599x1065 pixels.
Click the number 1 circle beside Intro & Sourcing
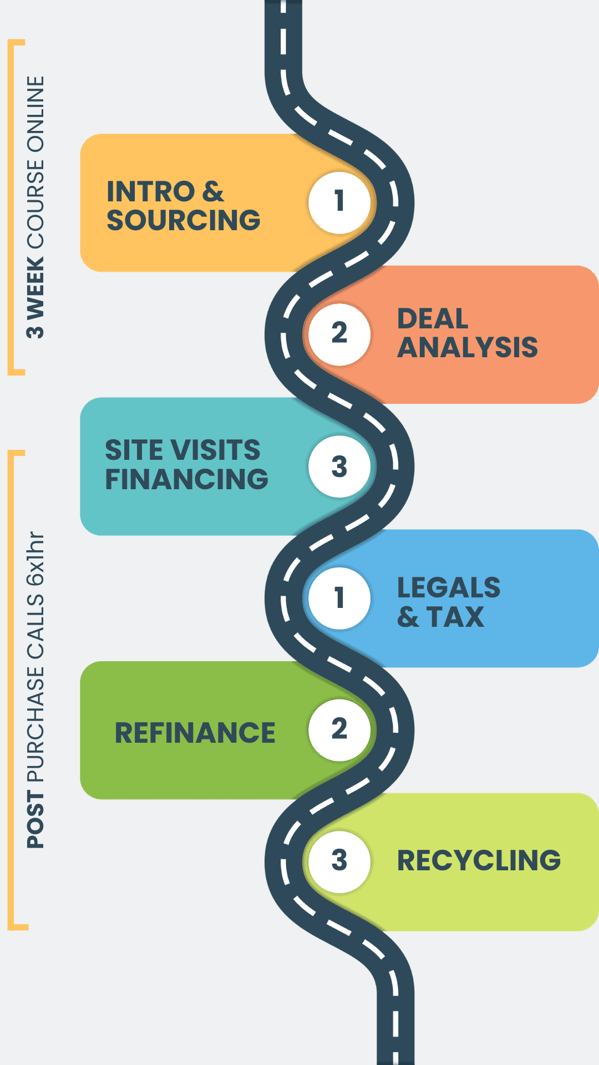pyautogui.click(x=339, y=202)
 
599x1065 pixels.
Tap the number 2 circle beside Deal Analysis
pyautogui.click(x=339, y=334)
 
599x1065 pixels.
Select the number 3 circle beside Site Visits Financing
pyautogui.click(x=339, y=466)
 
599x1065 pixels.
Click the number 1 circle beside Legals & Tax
pyautogui.click(x=339, y=598)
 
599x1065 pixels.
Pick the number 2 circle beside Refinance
pyautogui.click(x=339, y=729)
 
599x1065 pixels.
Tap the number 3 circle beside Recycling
pyautogui.click(x=339, y=861)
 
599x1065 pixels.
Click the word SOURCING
pyautogui.click(x=184, y=220)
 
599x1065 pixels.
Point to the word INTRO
pyautogui.click(x=150, y=192)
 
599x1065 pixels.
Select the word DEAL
pyautogui.click(x=433, y=319)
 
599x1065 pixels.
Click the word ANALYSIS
pyautogui.click(x=468, y=348)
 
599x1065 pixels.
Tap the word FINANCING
pyautogui.click(x=187, y=479)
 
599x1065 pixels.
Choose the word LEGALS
pyautogui.click(x=449, y=588)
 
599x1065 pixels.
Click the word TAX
pyautogui.click(x=456, y=617)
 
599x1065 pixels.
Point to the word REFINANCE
pyautogui.click(x=195, y=733)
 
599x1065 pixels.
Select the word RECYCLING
pyautogui.click(x=479, y=861)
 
